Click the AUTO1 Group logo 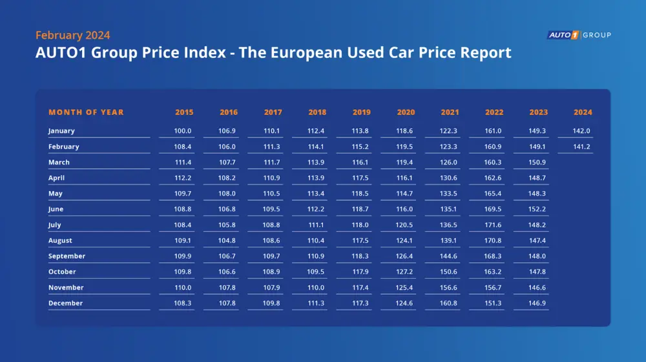click(579, 35)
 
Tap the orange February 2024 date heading click(72, 35)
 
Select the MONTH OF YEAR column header click(86, 112)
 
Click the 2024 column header click(583, 112)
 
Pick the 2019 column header click(362, 112)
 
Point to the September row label click(67, 256)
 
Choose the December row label click(65, 303)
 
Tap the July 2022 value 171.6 click(494, 225)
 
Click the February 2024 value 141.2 click(583, 146)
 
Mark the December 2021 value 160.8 click(450, 303)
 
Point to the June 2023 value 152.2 click(538, 209)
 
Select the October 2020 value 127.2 click(406, 272)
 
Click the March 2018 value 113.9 click(317, 163)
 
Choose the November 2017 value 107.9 click(273, 288)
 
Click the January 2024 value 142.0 click(583, 131)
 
